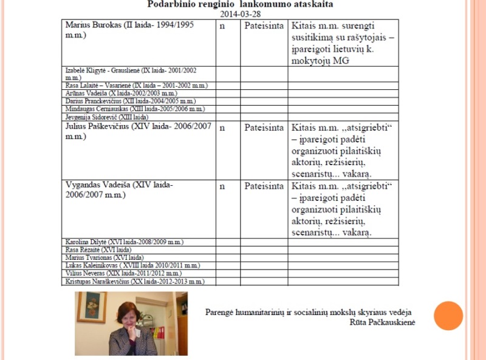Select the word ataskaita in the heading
(x=309, y=4)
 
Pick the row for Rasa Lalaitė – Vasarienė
(x=136, y=86)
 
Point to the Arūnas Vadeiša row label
(x=120, y=93)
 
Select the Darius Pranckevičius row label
(x=130, y=101)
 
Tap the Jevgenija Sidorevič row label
(x=106, y=117)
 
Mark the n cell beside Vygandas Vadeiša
(x=222, y=186)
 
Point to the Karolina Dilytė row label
(x=124, y=242)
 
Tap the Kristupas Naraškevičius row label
(x=135, y=282)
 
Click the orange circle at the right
(x=448, y=316)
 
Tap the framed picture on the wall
(x=92, y=307)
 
